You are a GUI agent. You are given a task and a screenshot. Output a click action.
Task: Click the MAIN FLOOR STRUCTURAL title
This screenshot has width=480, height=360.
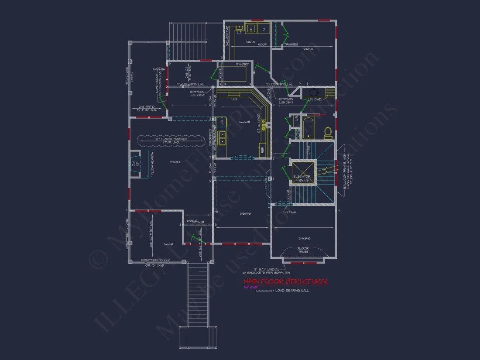285,281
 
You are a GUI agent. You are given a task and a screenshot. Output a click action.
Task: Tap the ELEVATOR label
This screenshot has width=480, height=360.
302,177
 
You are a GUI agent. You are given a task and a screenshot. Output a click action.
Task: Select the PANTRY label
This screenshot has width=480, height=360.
242,65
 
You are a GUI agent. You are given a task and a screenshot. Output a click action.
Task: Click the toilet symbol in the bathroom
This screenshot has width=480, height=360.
327,133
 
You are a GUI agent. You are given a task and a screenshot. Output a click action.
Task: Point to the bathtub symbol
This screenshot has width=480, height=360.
309,127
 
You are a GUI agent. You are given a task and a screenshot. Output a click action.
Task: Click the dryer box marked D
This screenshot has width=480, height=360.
264,29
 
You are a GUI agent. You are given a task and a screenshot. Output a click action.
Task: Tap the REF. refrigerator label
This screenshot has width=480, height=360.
263,149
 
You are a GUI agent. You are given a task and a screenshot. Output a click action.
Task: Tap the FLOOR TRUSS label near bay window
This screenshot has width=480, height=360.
303,250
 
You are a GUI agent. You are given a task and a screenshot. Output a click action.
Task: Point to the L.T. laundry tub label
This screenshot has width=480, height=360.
240,33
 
